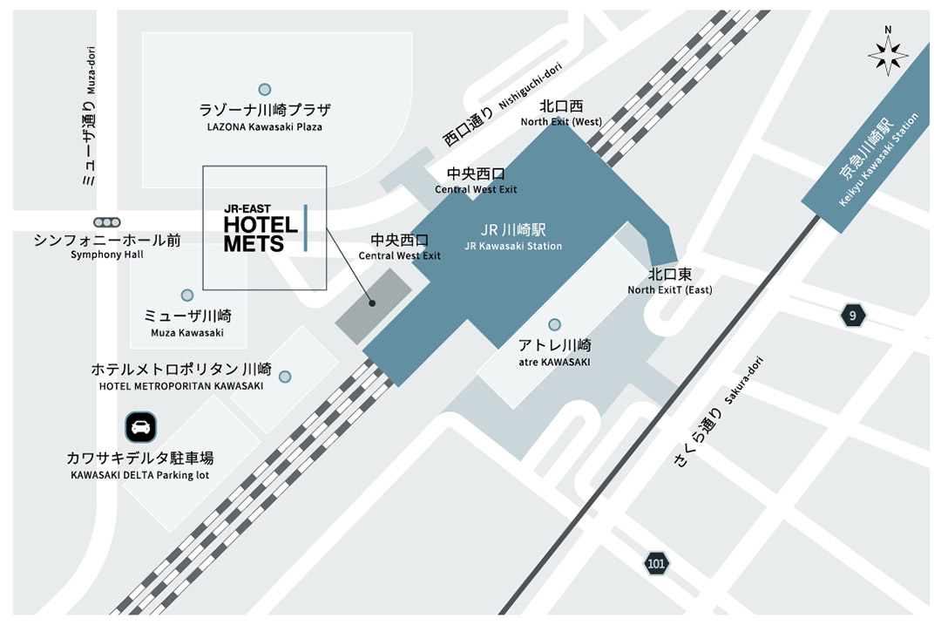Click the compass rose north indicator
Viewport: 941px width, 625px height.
click(888, 53)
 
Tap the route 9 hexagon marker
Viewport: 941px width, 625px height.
click(853, 315)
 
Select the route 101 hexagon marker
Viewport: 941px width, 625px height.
click(657, 564)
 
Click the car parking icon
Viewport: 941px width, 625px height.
click(140, 426)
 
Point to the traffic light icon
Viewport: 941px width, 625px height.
click(108, 222)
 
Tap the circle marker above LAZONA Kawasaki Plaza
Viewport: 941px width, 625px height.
click(264, 89)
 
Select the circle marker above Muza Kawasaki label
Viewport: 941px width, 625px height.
click(186, 296)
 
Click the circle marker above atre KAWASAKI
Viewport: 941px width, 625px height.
click(554, 325)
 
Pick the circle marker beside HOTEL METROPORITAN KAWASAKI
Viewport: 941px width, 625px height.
click(285, 377)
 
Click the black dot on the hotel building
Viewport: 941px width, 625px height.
click(372, 303)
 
